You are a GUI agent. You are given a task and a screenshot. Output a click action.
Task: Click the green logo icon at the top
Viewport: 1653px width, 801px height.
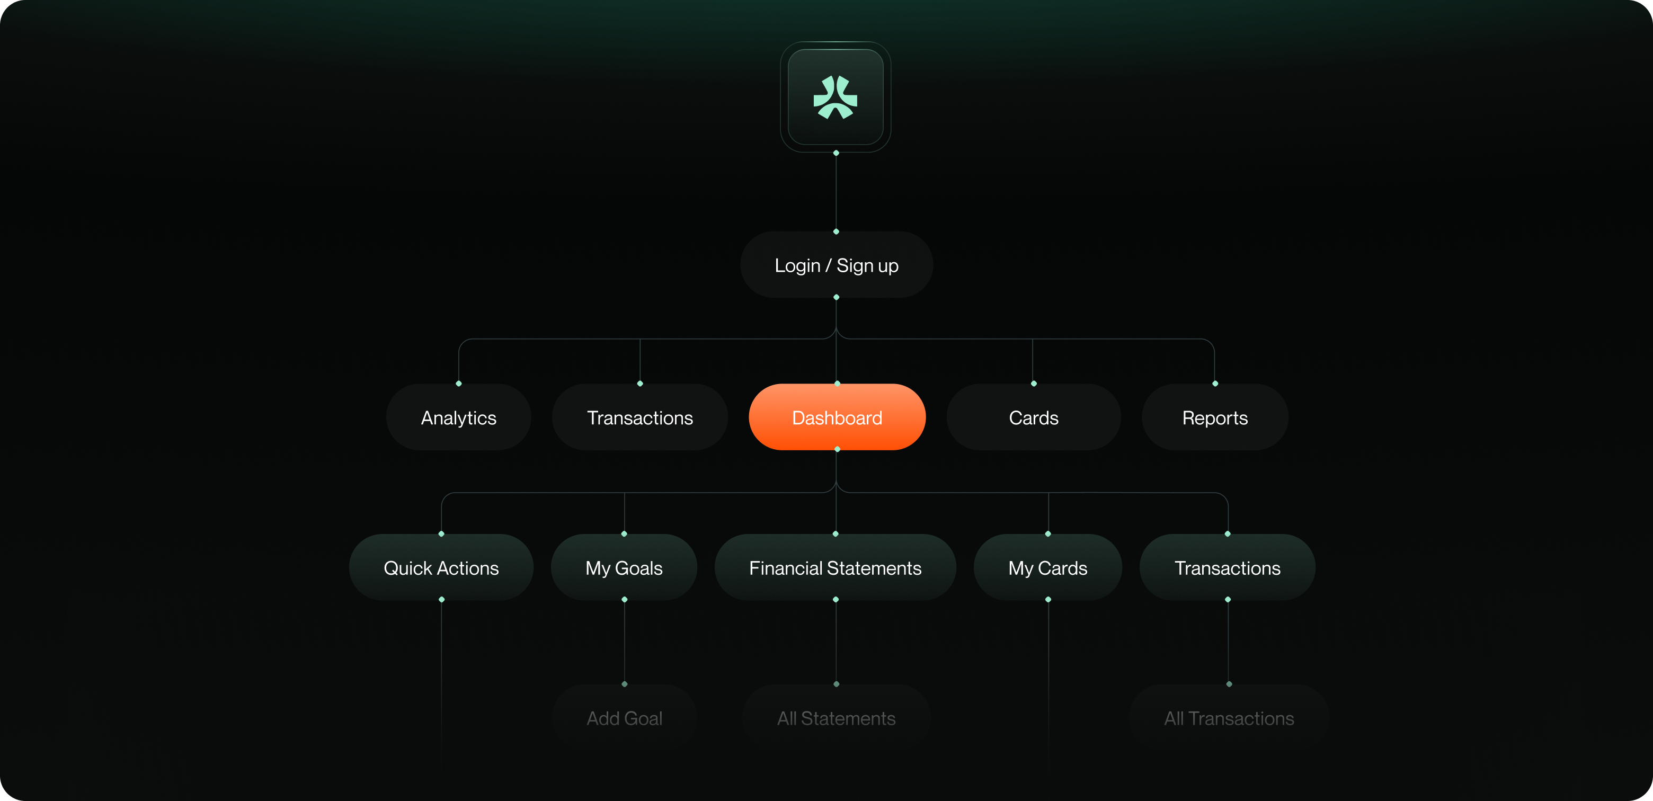pyautogui.click(x=835, y=97)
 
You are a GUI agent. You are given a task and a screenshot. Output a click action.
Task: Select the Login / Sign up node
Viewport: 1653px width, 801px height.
pyautogui.click(x=836, y=265)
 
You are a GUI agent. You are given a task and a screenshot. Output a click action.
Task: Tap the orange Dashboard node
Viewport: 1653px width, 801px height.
pyautogui.click(x=837, y=418)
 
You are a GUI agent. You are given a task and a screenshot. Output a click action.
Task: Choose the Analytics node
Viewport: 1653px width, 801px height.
pyautogui.click(x=458, y=418)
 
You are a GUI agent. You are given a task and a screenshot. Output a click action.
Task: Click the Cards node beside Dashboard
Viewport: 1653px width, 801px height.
pyautogui.click(x=1033, y=418)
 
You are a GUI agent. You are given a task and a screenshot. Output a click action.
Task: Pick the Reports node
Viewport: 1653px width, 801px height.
pyautogui.click(x=1215, y=418)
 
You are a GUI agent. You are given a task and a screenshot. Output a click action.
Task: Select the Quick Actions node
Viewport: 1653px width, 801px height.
pyautogui.click(x=441, y=568)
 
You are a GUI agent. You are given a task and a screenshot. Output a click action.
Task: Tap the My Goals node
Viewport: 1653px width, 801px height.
pyautogui.click(x=624, y=568)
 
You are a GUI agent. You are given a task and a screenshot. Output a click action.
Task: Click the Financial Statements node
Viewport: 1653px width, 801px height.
pyautogui.click(x=835, y=568)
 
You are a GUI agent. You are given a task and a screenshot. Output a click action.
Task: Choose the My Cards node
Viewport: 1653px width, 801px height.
pyautogui.click(x=1047, y=568)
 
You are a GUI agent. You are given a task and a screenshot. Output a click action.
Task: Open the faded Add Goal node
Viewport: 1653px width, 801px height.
pyautogui.click(x=624, y=718)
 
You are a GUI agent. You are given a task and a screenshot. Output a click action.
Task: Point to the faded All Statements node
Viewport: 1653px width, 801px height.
pyautogui.click(x=836, y=718)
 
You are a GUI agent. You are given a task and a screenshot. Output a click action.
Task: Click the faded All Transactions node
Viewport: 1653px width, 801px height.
pyautogui.click(x=1229, y=718)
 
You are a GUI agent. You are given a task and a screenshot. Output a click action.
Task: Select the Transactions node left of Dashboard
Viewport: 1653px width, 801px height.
pyautogui.click(x=640, y=418)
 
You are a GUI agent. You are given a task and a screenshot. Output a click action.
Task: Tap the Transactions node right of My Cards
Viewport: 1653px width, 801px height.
pyautogui.click(x=1227, y=568)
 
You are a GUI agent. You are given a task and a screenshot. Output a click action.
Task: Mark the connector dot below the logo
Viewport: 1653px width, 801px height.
pyautogui.click(x=836, y=153)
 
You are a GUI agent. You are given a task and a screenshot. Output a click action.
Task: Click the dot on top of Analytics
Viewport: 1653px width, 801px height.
pyautogui.click(x=459, y=383)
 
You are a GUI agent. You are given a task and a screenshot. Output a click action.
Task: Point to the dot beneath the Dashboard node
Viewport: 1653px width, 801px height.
pyautogui.click(x=837, y=449)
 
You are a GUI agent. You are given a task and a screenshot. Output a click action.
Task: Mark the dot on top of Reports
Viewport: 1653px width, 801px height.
pyautogui.click(x=1215, y=383)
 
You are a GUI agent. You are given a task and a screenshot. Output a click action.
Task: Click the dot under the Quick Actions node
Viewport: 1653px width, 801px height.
pyautogui.click(x=441, y=600)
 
